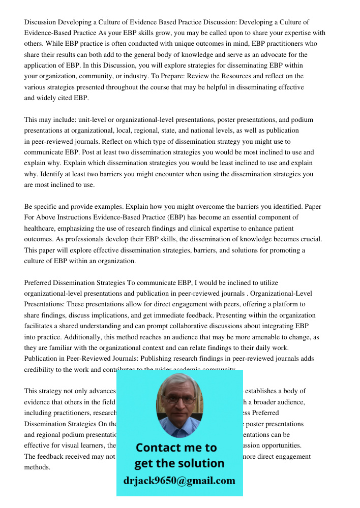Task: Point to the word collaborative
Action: point(182,326)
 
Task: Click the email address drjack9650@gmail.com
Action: point(179,481)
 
